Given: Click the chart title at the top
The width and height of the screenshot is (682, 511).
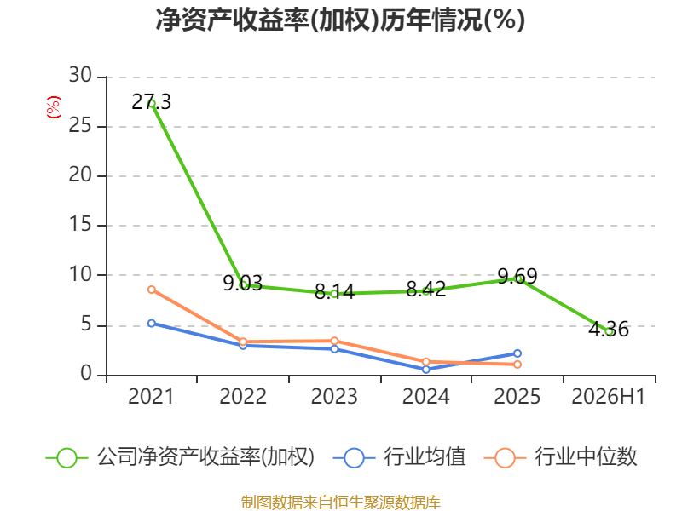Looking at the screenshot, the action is click(340, 20).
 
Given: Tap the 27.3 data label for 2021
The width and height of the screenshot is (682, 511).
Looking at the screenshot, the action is click(152, 102).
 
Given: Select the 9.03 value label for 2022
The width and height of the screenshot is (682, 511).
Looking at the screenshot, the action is click(243, 284).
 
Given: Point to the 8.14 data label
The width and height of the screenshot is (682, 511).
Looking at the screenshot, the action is click(334, 292).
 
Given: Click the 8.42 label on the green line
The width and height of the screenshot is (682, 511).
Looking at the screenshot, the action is click(425, 290).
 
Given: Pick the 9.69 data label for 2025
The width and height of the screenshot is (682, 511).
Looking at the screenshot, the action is click(517, 276).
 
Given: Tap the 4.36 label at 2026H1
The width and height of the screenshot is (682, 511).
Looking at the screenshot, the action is click(609, 330).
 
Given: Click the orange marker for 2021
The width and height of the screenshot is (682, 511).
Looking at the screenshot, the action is click(152, 290).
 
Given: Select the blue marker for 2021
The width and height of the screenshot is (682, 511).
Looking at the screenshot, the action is click(152, 324).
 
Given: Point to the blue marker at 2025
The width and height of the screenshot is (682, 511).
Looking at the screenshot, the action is click(517, 353).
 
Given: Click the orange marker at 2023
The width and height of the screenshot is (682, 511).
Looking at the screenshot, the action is click(334, 341).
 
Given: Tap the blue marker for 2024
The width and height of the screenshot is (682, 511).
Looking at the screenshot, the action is click(425, 370).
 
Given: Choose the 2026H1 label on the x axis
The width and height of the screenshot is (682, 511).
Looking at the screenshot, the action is click(609, 397).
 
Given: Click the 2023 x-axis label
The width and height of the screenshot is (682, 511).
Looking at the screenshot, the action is click(334, 397).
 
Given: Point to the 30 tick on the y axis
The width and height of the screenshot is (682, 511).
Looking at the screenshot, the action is click(80, 76).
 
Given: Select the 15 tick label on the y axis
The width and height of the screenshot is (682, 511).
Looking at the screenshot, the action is click(80, 225).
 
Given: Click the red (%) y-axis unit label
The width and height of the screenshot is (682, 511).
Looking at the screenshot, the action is click(54, 107).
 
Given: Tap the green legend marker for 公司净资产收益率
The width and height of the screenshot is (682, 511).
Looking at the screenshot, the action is click(67, 458).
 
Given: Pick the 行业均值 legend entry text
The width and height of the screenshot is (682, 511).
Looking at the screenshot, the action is click(425, 457).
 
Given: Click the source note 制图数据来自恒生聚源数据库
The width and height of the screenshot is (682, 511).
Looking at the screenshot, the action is click(341, 502).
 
